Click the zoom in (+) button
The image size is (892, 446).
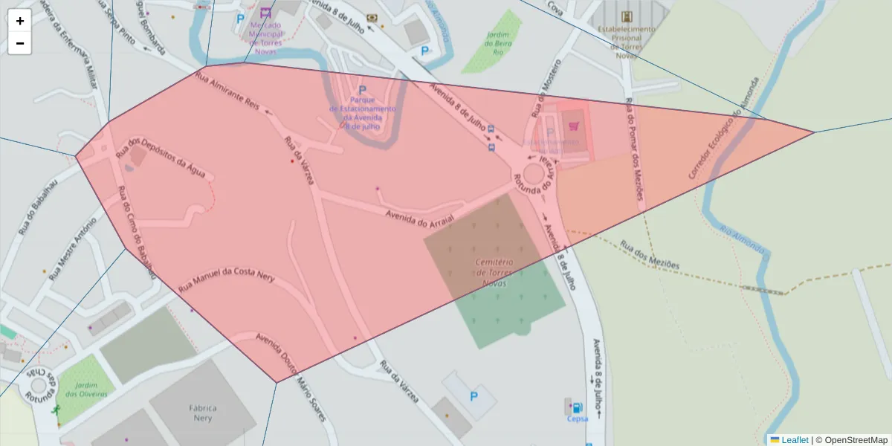tap(19, 21)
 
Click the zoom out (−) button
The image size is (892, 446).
tap(19, 43)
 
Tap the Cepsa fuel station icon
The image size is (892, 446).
tap(576, 407)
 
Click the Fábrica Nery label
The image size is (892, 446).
tap(202, 413)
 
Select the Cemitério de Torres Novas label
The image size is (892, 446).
tap(494, 273)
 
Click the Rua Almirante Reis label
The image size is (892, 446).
tap(227, 91)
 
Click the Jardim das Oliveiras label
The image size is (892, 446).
tap(86, 389)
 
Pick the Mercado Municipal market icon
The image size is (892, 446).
tap(266, 13)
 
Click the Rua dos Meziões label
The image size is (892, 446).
tap(650, 254)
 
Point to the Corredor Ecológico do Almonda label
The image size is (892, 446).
tap(724, 129)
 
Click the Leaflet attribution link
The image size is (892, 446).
tap(794, 439)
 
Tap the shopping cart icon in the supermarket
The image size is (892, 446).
tap(573, 126)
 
